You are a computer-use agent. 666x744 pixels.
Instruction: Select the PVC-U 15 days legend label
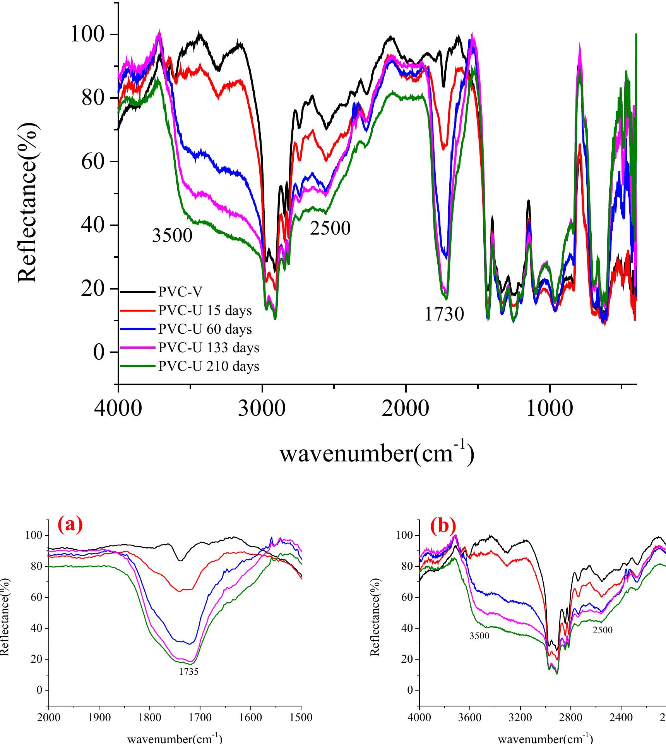pos(205,310)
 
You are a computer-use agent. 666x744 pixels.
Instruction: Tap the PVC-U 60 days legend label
pos(205,329)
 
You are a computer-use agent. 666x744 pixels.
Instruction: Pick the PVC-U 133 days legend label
pos(209,348)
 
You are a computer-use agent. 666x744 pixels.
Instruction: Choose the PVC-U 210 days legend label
pos(209,366)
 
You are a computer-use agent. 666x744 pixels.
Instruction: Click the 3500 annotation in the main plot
pos(172,235)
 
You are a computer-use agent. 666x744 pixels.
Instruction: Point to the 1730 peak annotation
pos(444,314)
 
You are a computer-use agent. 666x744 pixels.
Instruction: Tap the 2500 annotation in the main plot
pos(330,228)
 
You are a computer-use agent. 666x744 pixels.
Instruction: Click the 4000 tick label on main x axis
pos(118,408)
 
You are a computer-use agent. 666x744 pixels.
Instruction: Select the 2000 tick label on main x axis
pos(406,408)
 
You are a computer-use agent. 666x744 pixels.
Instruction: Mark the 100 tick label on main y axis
pos(92,35)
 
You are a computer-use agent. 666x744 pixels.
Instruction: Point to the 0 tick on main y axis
pos(99,352)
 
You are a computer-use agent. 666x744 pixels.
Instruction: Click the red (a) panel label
pos(70,525)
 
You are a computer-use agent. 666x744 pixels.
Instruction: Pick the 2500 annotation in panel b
pos(603,630)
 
